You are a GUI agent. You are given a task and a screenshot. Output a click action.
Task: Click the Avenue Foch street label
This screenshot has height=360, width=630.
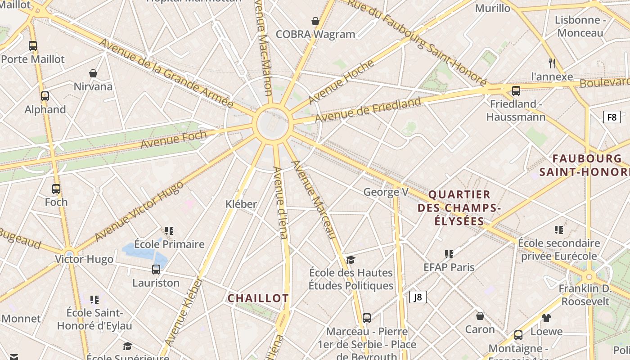click(x=174, y=139)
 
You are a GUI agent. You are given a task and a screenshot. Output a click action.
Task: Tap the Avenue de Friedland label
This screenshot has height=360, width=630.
click(x=368, y=109)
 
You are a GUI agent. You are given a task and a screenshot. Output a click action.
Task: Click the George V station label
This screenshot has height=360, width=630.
click(x=386, y=192)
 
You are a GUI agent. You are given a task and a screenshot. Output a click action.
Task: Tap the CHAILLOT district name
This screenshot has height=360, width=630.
click(x=258, y=298)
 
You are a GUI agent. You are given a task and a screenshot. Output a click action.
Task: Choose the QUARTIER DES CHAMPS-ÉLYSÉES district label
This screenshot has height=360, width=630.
click(x=459, y=207)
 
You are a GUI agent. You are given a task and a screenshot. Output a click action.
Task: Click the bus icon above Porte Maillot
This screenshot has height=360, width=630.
click(x=33, y=45)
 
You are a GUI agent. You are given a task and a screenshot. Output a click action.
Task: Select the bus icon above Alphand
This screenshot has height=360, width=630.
click(x=45, y=96)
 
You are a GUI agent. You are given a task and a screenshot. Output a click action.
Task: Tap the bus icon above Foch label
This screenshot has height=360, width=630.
click(x=56, y=189)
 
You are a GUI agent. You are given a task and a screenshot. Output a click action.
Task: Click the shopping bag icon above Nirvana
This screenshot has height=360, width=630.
click(x=93, y=73)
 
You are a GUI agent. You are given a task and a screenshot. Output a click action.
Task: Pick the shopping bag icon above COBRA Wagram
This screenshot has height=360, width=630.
click(x=315, y=21)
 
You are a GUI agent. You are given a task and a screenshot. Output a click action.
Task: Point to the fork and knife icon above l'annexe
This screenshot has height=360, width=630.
click(x=552, y=63)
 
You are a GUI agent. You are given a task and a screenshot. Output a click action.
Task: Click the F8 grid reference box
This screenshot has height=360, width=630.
click(x=612, y=117)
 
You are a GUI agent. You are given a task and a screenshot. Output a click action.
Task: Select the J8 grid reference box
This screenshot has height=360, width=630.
click(x=418, y=297)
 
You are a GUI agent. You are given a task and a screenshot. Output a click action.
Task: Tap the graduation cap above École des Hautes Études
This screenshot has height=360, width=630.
click(x=351, y=260)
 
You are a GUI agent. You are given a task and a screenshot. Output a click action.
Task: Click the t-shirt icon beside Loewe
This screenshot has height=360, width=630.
click(x=546, y=318)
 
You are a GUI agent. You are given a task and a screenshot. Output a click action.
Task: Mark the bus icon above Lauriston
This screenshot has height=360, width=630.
click(x=156, y=270)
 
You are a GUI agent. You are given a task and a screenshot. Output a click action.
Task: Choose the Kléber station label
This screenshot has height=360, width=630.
click(x=241, y=204)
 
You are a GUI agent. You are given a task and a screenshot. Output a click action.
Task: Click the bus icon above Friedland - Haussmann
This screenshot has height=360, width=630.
click(x=516, y=90)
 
